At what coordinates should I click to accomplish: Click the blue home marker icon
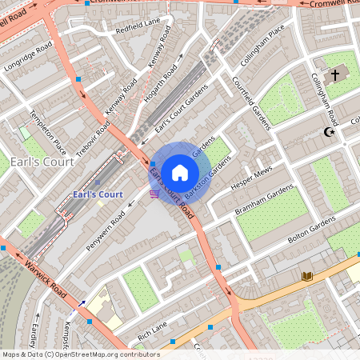[180, 171]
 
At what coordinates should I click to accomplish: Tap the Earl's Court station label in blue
[97, 194]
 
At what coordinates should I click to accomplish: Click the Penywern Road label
[106, 231]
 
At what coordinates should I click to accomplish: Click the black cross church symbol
[335, 75]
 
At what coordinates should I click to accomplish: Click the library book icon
[307, 277]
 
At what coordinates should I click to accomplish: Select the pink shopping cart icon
[154, 194]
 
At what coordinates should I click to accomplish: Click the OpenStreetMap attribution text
[70, 354]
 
